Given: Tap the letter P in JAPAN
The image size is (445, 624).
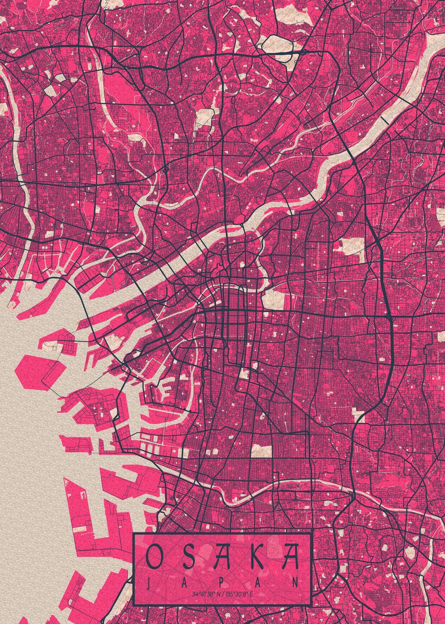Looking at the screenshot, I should [222, 581].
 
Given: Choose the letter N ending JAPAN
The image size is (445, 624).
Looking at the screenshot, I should [296, 581].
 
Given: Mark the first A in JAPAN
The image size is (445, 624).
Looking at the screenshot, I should [185, 581].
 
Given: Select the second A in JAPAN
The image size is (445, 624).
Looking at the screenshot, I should [259, 581].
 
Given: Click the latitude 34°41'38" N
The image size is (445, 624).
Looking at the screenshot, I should [206, 594].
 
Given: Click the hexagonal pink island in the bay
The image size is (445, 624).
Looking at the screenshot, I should [41, 370].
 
